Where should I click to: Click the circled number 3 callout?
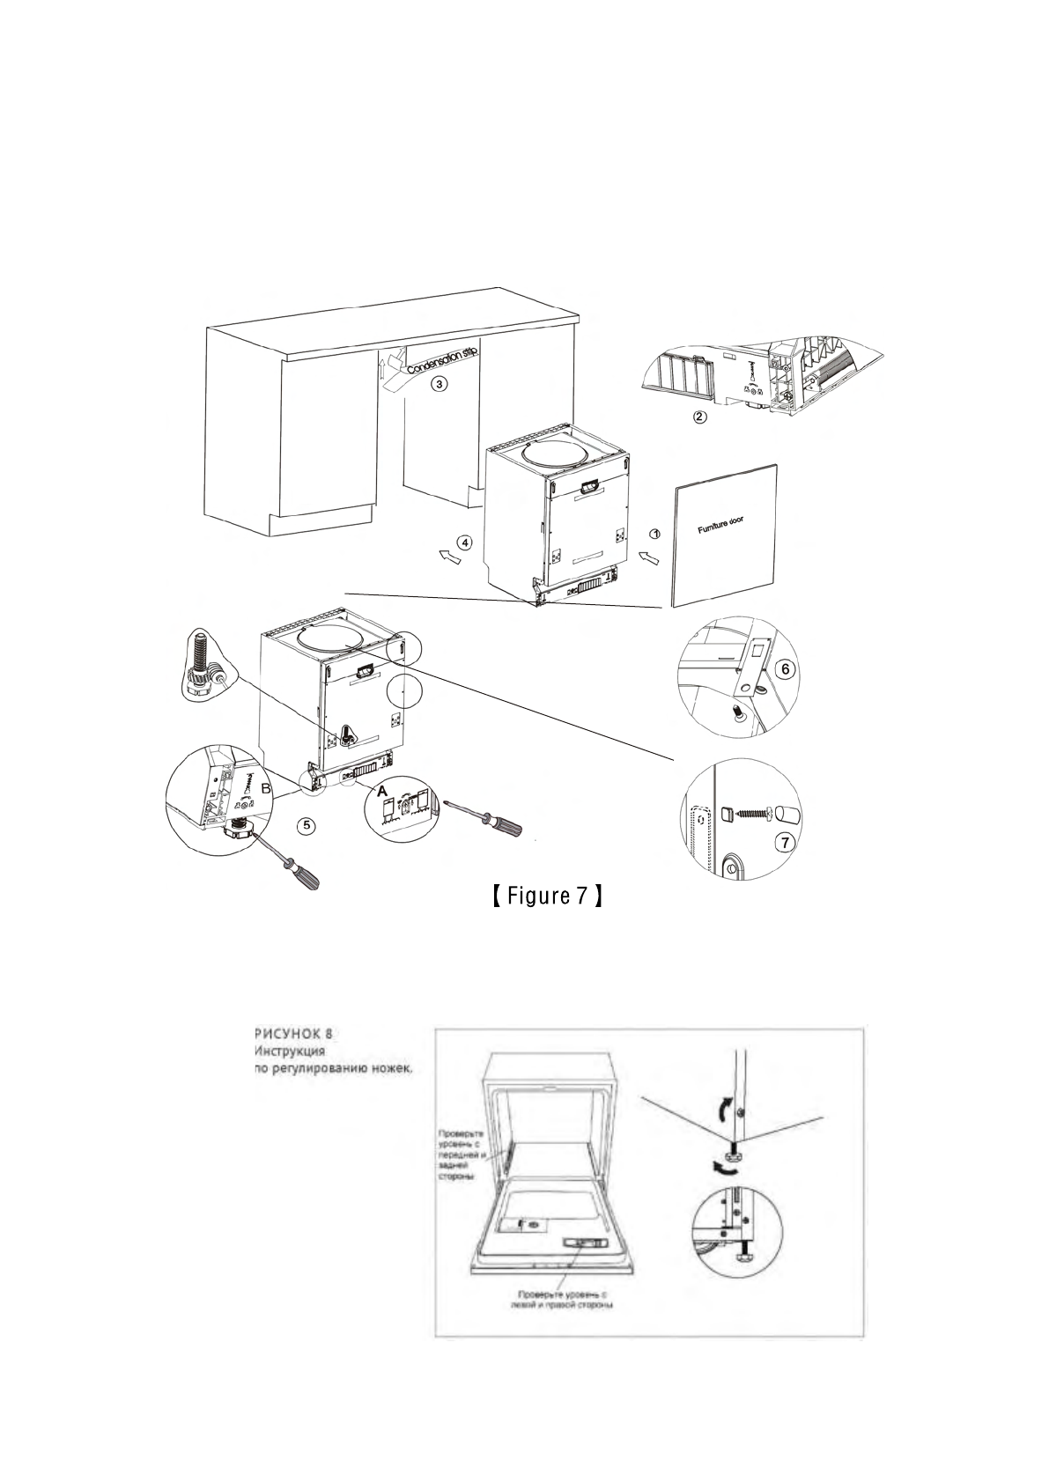tap(438, 384)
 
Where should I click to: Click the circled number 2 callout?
tap(699, 417)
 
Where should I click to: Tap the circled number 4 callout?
tap(465, 542)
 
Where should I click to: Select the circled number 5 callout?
tap(306, 825)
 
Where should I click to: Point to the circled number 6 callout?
tap(787, 668)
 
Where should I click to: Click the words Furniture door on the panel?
tap(720, 526)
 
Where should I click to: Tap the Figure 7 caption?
tap(547, 897)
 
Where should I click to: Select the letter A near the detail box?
tap(381, 792)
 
